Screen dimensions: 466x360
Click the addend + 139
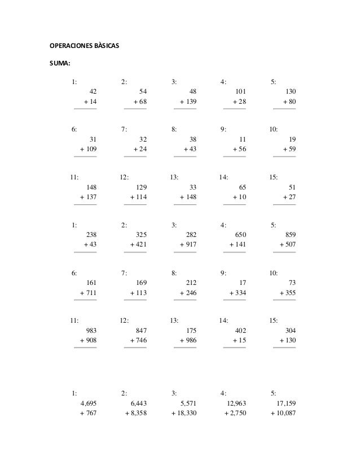[188, 102]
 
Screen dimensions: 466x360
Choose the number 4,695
[89, 403]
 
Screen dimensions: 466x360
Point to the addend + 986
[188, 340]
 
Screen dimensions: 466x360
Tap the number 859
[289, 234]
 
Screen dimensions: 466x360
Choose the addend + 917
[188, 245]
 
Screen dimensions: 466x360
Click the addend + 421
[138, 245]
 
